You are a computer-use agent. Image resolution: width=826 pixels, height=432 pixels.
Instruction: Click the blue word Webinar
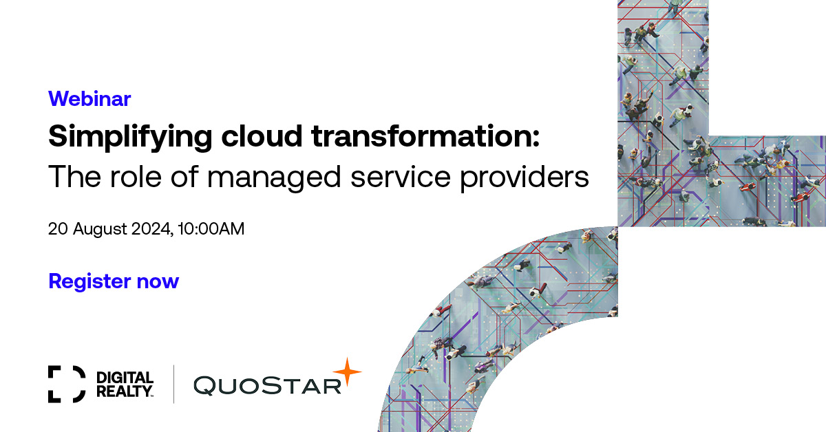click(x=89, y=99)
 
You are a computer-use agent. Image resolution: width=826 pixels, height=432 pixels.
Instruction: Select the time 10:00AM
click(x=210, y=229)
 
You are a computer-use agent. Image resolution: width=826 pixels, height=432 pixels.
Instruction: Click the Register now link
click(x=114, y=281)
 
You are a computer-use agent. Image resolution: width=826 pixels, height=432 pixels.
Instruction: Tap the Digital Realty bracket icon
click(x=67, y=384)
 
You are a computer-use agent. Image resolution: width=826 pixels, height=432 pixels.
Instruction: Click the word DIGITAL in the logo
click(x=125, y=378)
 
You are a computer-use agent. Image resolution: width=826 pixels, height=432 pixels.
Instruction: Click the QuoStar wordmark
click(x=268, y=385)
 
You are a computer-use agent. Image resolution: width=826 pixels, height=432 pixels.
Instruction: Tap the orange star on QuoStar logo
click(x=348, y=372)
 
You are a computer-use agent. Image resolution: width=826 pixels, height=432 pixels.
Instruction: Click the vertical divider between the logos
click(x=173, y=384)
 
